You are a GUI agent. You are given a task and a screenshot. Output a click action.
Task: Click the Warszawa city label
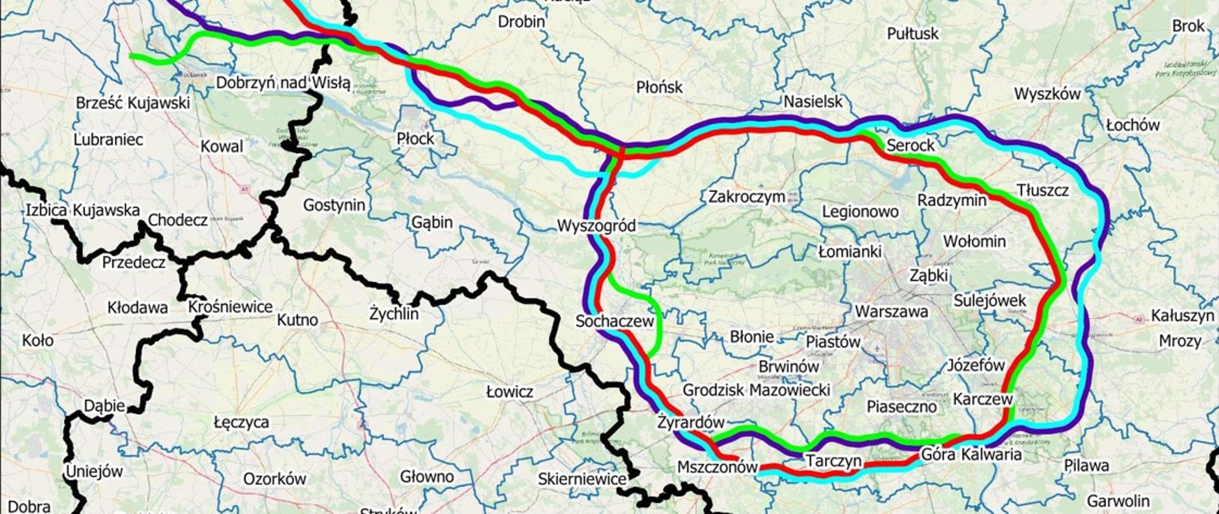pos(891,312)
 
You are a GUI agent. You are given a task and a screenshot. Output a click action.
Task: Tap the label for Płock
pos(415,138)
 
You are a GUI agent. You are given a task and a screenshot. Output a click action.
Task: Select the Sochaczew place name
pos(614,321)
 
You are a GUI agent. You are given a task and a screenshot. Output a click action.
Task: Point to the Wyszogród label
pos(596,225)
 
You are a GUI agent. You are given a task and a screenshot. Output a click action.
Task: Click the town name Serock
pos(910,145)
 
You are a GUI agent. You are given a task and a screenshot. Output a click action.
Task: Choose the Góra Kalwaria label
pos(971,454)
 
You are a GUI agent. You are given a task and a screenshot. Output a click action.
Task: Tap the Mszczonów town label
pos(717,468)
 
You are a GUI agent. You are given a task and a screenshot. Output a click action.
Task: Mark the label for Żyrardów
pos(691,422)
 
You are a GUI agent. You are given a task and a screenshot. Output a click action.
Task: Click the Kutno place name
pos(297,319)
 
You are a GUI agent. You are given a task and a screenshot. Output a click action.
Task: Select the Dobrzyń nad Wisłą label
pos(283,82)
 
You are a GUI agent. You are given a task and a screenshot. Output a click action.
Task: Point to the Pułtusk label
pos(912,33)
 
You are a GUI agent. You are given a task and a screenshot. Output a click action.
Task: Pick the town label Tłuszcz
pos(1042,190)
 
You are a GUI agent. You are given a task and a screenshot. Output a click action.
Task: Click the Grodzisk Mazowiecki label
pos(756,390)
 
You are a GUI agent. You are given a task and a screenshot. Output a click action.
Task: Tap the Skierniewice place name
pos(582,479)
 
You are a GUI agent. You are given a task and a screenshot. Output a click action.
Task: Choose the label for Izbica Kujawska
pos(83,210)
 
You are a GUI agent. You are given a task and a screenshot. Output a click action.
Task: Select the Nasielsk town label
pos(813,102)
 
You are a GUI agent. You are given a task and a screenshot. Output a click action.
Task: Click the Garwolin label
pos(1118,501)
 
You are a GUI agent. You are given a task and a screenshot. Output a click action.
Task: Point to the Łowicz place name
pos(509,392)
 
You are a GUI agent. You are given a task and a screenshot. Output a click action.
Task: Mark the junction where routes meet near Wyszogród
pos(620,151)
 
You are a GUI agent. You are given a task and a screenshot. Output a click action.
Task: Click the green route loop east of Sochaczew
pos(656,317)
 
